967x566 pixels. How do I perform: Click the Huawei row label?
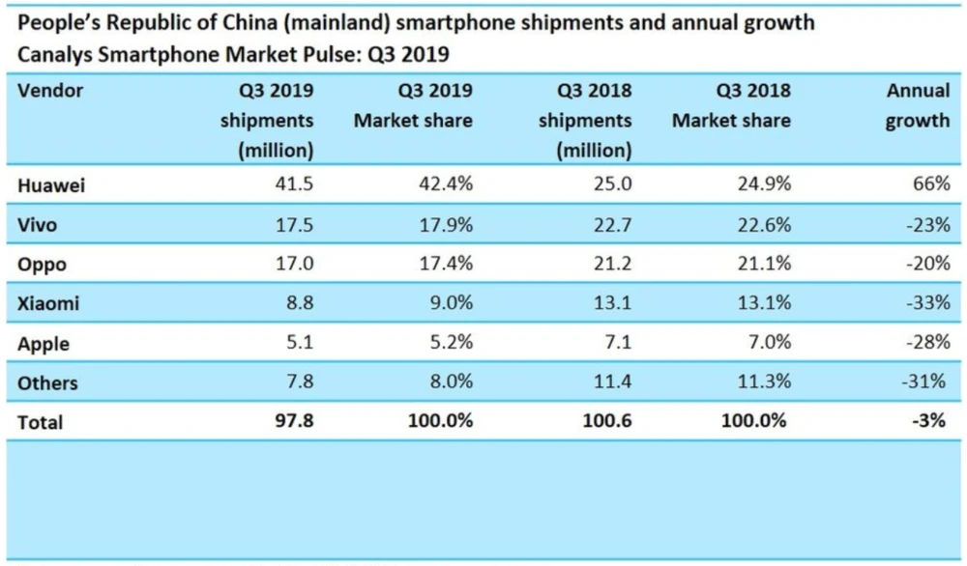point(51,186)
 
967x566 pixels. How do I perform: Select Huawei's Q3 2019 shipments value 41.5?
point(295,186)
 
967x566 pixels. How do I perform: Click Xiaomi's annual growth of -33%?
point(924,303)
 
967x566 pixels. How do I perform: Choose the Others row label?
point(47,382)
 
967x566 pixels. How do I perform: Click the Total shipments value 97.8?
point(295,422)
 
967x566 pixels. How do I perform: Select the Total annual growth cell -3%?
point(929,422)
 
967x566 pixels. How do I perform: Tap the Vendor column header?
point(50,91)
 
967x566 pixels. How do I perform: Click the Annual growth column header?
point(918,106)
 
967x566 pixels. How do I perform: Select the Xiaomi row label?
point(48,303)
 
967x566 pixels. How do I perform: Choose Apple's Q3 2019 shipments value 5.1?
point(300,343)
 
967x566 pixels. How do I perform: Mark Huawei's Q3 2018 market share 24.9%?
point(762,186)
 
